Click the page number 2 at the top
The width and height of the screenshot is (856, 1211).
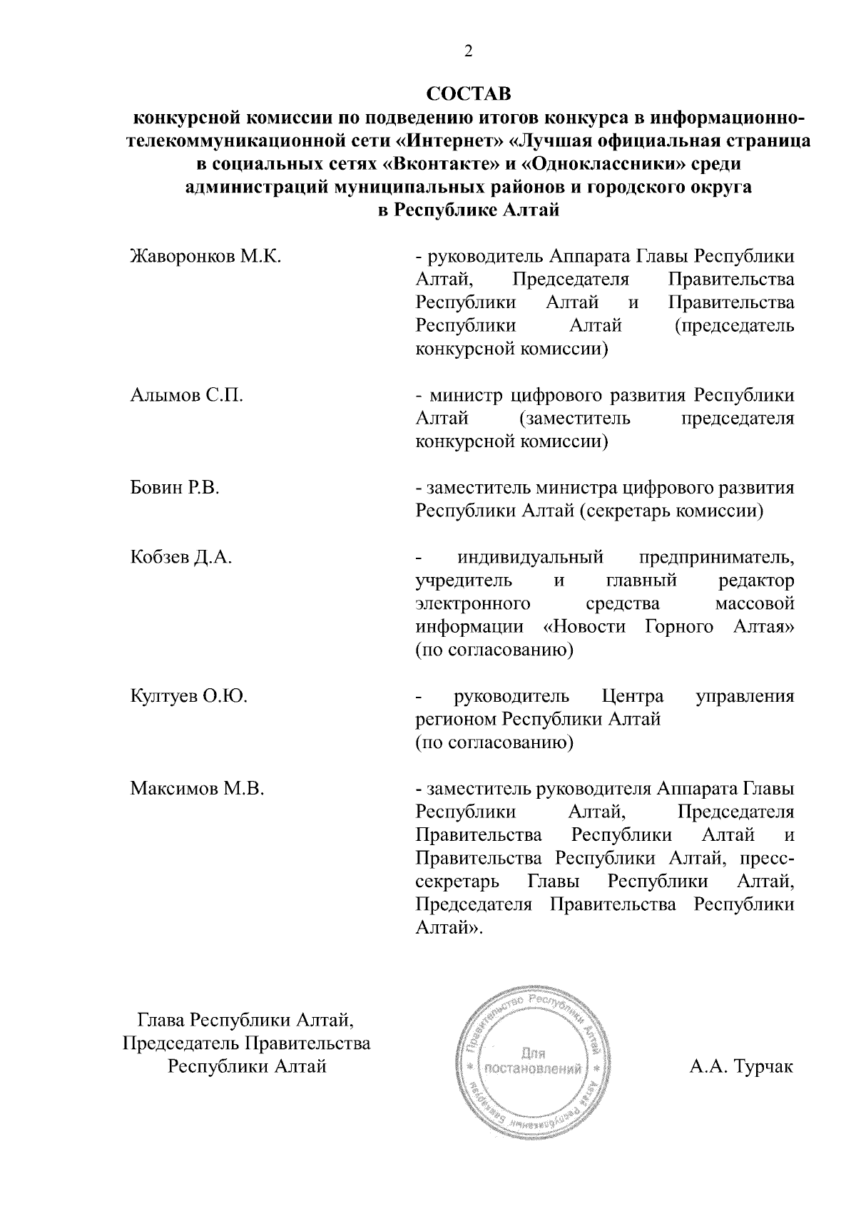tap(468, 51)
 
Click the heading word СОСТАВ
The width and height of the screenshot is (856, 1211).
tap(469, 94)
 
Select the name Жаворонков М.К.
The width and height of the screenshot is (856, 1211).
tap(205, 256)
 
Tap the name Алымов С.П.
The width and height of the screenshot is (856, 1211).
tap(187, 395)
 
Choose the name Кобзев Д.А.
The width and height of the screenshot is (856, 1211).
tap(182, 557)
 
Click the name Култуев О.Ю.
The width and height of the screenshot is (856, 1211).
tap(189, 696)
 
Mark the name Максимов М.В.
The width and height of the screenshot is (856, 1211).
tap(198, 789)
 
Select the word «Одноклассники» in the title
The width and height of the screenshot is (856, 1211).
tap(604, 164)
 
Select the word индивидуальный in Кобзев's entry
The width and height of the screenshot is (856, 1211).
tap(531, 557)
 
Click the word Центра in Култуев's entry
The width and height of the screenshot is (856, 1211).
tap(633, 696)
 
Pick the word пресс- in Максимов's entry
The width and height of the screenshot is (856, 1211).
tap(770, 858)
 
